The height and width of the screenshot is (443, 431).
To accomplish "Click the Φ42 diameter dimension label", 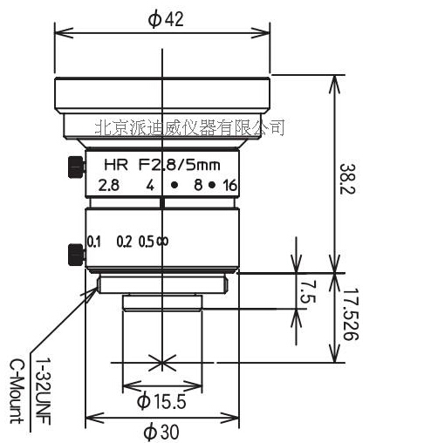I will (x=165, y=20).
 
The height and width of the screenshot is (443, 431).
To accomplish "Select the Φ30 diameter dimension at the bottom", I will (x=163, y=430).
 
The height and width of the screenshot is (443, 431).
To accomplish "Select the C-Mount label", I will (x=15, y=389).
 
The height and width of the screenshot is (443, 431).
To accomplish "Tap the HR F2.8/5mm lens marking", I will (x=161, y=165).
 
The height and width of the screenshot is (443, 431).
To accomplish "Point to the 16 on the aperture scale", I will (x=230, y=185).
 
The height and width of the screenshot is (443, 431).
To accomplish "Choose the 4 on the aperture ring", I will (x=150, y=185).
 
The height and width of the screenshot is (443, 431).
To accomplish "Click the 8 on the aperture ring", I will (x=197, y=185).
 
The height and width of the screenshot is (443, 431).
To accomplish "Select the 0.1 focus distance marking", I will (x=94, y=242).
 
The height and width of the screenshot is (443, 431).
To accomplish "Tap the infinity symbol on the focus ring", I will (x=161, y=242).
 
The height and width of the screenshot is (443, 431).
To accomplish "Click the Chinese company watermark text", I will (x=188, y=128).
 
